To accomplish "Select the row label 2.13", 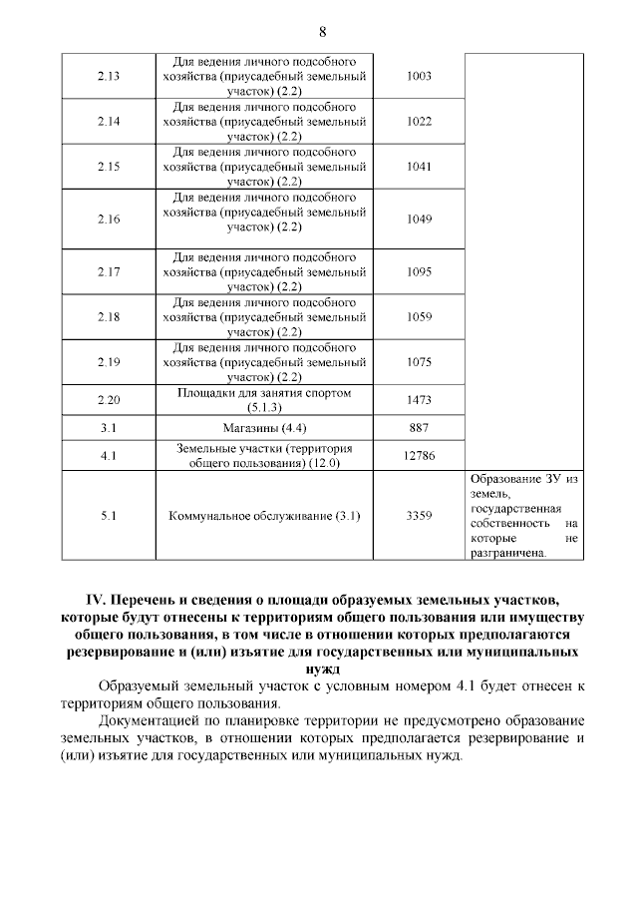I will (x=110, y=77).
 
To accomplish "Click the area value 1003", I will (x=419, y=77).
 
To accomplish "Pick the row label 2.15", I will (x=110, y=167).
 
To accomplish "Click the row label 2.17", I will (x=110, y=271).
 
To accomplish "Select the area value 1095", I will (x=419, y=271).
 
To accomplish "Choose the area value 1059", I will (x=419, y=316).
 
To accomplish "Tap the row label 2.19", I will (x=110, y=362).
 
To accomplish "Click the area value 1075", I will (x=419, y=362).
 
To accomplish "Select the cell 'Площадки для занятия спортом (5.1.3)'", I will (x=264, y=400).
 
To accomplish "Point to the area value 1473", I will (x=419, y=400).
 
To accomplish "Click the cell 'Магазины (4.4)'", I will (x=264, y=428).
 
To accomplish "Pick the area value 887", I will (x=419, y=428).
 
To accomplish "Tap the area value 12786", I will (x=419, y=455).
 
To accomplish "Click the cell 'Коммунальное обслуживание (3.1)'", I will (x=264, y=516).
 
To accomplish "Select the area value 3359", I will (x=419, y=516).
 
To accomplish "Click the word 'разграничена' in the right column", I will (x=508, y=552).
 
